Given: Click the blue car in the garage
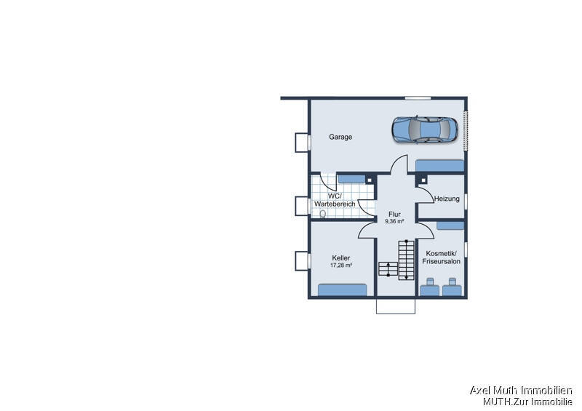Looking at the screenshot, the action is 425,129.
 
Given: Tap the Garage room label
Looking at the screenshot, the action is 340,137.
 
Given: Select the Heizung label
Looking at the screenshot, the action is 447,199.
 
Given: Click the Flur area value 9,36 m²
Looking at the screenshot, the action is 394,221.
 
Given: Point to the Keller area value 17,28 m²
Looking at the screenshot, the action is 341,265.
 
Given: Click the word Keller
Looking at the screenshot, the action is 341,258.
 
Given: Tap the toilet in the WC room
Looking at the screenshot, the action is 322,214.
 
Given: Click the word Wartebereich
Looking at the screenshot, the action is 335,204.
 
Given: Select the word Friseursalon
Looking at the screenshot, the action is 442,261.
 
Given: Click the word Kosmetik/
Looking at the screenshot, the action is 442,254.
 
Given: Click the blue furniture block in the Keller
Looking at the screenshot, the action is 342,290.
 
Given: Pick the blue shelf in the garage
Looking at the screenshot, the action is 439,166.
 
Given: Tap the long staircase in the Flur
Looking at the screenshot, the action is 406,260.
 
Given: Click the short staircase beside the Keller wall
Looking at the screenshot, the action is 388,269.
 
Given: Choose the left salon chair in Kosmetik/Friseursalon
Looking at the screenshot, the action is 429,287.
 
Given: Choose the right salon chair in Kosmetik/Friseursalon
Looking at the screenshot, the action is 452,287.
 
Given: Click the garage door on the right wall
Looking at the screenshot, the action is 466,131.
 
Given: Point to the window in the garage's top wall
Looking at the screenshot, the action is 418,98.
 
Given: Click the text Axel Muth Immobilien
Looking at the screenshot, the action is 521,390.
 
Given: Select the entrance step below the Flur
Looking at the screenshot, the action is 396,306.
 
